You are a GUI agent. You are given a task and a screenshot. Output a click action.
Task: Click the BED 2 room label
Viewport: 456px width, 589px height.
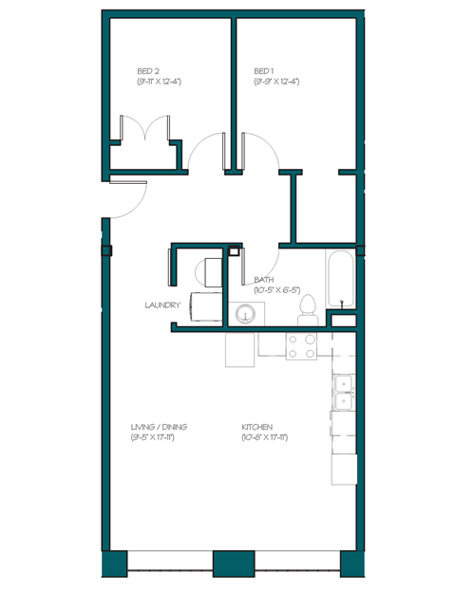[147, 71]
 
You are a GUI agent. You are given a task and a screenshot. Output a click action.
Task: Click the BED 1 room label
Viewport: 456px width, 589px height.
[264, 71]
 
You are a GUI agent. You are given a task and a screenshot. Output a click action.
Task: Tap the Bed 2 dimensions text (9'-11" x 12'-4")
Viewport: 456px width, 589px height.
[159, 83]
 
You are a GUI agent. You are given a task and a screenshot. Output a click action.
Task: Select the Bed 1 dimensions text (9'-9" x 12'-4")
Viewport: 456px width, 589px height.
[276, 83]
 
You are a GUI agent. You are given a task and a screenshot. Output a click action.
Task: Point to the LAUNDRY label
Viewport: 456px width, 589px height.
[162, 305]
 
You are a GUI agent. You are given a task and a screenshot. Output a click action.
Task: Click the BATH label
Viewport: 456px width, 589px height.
[264, 280]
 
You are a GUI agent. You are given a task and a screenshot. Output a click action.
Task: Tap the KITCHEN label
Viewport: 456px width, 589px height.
[258, 427]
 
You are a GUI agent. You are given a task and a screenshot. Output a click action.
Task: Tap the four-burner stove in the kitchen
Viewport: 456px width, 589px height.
[302, 347]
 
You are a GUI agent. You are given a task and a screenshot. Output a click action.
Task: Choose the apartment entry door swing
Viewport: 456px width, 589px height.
[127, 195]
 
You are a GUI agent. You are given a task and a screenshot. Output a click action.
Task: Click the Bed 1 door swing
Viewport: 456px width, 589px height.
[259, 152]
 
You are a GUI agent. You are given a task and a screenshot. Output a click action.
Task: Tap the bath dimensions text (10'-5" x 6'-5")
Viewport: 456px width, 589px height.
[277, 290]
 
